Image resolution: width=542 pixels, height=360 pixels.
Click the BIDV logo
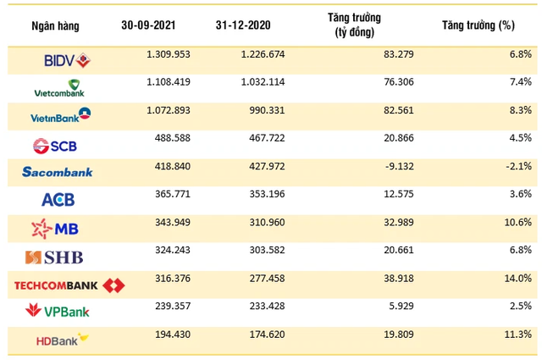[x=66, y=59]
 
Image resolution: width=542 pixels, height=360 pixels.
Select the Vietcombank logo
[x=62, y=87]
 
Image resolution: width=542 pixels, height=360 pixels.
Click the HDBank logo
[x=62, y=341]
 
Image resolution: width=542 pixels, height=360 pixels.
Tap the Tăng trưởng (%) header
[x=478, y=25]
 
